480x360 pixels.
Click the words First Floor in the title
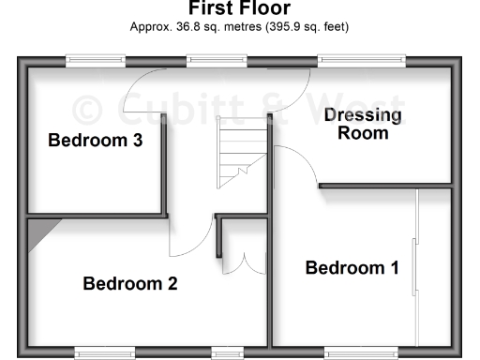pos(239,9)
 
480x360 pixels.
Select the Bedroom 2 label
pos(130,283)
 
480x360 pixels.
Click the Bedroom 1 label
pos(352,268)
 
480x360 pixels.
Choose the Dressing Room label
pos(363,124)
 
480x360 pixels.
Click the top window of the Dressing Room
pos(361,62)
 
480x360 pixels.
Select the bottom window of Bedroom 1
pos(361,354)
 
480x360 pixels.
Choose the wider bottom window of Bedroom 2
pos(103,354)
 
